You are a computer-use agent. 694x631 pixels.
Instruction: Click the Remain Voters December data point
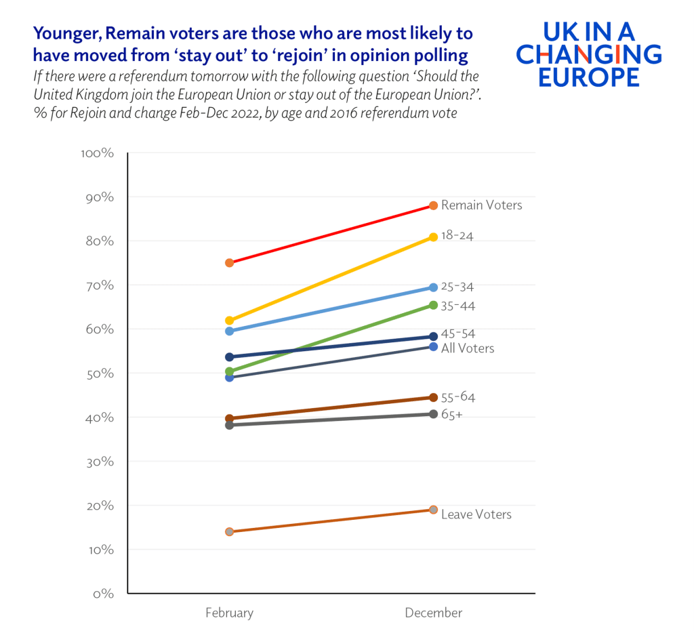[433, 205]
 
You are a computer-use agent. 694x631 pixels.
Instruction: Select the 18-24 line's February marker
[229, 320]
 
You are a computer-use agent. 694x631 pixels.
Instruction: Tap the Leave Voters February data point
[229, 531]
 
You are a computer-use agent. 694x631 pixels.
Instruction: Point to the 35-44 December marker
[433, 305]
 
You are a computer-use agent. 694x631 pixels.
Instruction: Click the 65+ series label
[451, 414]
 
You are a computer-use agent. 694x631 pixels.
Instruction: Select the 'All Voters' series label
[467, 348]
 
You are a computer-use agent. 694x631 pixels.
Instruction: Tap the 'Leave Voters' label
[476, 514]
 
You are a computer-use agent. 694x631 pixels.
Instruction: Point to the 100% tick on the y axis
[97, 153]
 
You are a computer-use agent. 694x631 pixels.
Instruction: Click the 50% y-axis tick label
[100, 373]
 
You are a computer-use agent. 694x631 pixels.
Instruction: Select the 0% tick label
[103, 594]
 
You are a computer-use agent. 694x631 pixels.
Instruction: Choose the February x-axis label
[229, 613]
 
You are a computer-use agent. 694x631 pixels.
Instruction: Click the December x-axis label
[433, 613]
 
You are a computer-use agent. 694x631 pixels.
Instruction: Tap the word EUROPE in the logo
[588, 77]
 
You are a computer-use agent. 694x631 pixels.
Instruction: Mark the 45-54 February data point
[229, 357]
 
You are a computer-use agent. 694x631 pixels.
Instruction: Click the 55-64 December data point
[433, 397]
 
